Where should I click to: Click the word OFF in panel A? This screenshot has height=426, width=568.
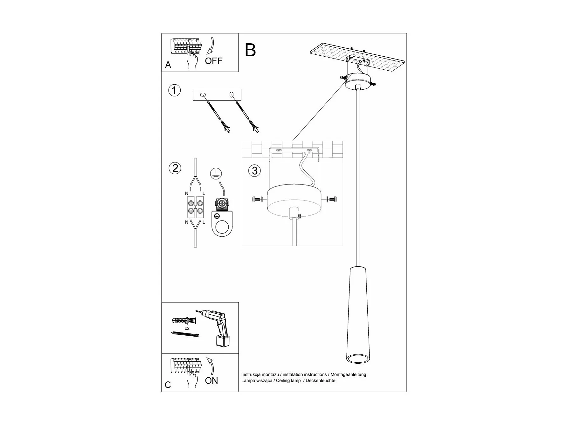213,61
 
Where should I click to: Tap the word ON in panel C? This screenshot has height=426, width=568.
211,381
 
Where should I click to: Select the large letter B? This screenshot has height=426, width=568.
250,50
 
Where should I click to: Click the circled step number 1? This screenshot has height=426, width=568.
174,90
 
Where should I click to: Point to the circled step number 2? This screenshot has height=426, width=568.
175,168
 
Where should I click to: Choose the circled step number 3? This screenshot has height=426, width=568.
254,171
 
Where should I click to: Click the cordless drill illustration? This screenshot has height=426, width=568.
217,328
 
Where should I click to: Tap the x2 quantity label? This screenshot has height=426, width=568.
187,328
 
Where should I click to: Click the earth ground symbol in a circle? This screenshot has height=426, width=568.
216,173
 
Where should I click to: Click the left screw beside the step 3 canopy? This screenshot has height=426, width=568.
256,200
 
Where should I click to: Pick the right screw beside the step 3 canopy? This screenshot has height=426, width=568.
332,199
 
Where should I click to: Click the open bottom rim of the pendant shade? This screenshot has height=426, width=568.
358,360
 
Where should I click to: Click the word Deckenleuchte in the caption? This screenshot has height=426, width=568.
320,381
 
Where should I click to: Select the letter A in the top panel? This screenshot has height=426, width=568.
168,65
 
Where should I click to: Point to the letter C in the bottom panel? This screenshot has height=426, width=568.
168,385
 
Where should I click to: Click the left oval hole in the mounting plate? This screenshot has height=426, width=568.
203,94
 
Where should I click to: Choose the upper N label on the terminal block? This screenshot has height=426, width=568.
187,193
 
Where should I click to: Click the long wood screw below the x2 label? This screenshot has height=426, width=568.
185,334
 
